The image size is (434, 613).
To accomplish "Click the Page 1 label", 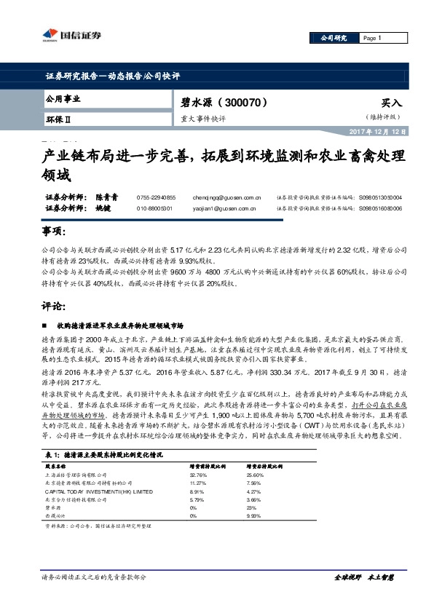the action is (372, 38).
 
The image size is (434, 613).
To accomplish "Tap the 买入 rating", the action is (391, 103).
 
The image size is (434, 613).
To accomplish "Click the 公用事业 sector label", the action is (63, 98).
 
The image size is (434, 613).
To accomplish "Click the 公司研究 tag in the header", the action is (329, 38).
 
